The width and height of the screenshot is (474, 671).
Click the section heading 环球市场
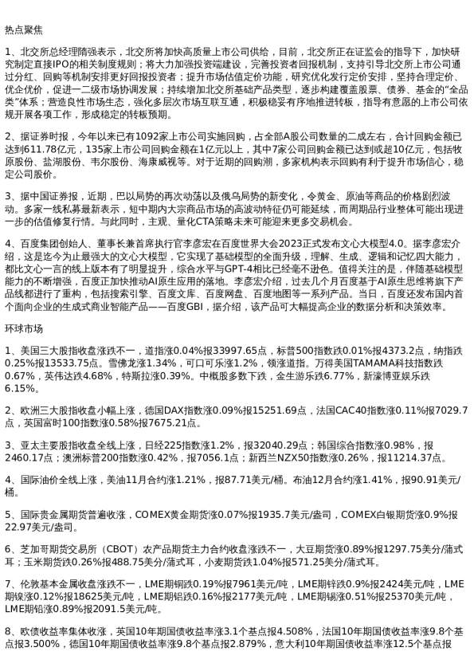point(24,328)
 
